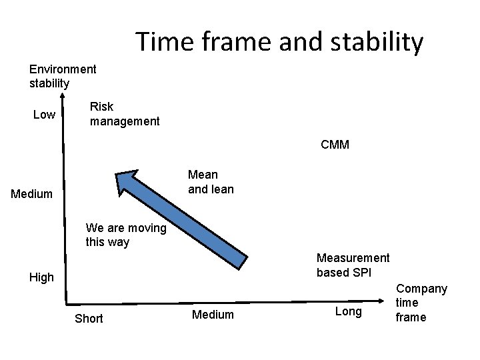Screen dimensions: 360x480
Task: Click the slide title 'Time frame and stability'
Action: coord(279,41)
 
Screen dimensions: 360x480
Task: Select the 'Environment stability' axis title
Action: coord(63,76)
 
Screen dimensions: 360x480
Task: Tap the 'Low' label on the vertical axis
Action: coord(44,115)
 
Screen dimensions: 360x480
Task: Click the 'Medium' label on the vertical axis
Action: coord(31,194)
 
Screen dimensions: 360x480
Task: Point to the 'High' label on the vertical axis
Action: coord(41,277)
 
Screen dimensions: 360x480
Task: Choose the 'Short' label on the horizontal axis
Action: coord(89,318)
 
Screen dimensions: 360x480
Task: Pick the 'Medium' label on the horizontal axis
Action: coord(213,314)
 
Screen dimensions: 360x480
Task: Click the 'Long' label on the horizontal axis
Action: coord(349,311)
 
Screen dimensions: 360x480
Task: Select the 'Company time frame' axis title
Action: coord(421,303)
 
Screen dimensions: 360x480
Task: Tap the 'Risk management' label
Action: coord(125,114)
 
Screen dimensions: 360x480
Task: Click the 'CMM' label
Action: coord(335,145)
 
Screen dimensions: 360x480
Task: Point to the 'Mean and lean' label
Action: coord(211,182)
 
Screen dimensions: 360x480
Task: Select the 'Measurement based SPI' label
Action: coord(353,265)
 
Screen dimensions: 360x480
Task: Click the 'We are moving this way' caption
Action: coord(126,235)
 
